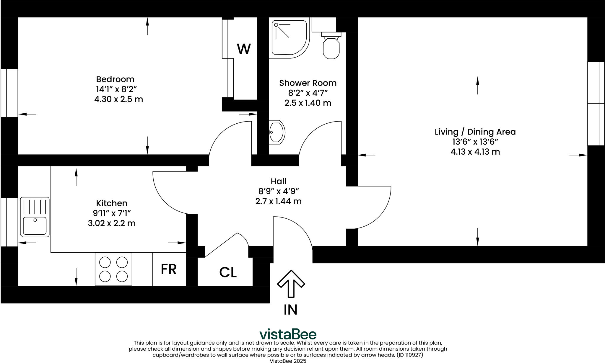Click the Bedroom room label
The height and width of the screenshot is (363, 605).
pos(115,79)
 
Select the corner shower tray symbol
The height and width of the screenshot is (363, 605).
pos(289,37)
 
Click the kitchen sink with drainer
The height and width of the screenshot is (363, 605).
pos(35,217)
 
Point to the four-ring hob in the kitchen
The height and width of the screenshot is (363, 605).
pos(113,269)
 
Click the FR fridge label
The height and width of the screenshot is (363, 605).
pos(169,269)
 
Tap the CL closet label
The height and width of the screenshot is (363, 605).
pos(228,272)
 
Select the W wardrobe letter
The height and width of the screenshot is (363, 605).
pos(244,49)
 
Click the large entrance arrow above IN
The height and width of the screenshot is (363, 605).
pos(291,283)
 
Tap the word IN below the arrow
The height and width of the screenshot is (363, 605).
pos(290,310)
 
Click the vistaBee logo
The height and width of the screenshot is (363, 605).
pos(288,334)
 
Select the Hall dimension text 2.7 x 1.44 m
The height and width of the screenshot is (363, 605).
pos(278,201)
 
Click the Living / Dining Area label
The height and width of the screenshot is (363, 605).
pos(475,132)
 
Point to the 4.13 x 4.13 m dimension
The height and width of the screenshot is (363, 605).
pos(475,152)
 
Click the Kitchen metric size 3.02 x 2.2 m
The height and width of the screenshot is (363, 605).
pos(112,223)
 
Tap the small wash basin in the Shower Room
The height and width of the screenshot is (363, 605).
pos(277,132)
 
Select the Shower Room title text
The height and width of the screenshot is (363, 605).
pos(308,83)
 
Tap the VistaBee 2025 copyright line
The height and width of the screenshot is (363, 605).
pos(288,361)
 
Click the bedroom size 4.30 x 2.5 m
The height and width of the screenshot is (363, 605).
pos(118,99)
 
